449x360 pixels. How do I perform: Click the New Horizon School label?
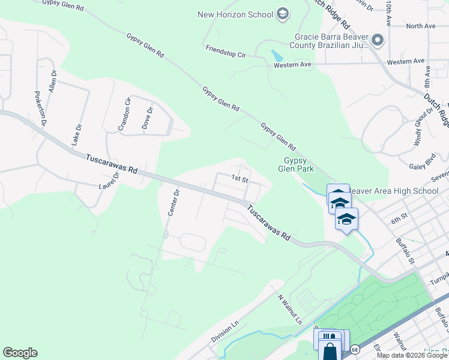click(235, 14)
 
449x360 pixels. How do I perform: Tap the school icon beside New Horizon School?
click(283, 14)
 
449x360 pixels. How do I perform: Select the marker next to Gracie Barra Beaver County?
click(378, 40)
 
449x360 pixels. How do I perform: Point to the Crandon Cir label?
click(124, 114)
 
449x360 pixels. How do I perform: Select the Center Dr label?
click(173, 203)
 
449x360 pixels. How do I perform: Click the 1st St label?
click(240, 179)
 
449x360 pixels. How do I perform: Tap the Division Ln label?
click(225, 331)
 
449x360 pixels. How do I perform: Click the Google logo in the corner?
click(20, 353)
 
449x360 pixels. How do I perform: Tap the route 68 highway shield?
click(355, 349)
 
